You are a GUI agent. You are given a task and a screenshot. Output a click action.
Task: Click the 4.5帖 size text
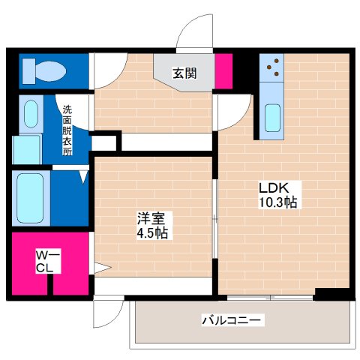point(152,233)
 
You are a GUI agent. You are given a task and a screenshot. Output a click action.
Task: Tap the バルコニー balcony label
point(232,320)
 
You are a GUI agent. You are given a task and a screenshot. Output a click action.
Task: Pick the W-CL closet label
point(45,263)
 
